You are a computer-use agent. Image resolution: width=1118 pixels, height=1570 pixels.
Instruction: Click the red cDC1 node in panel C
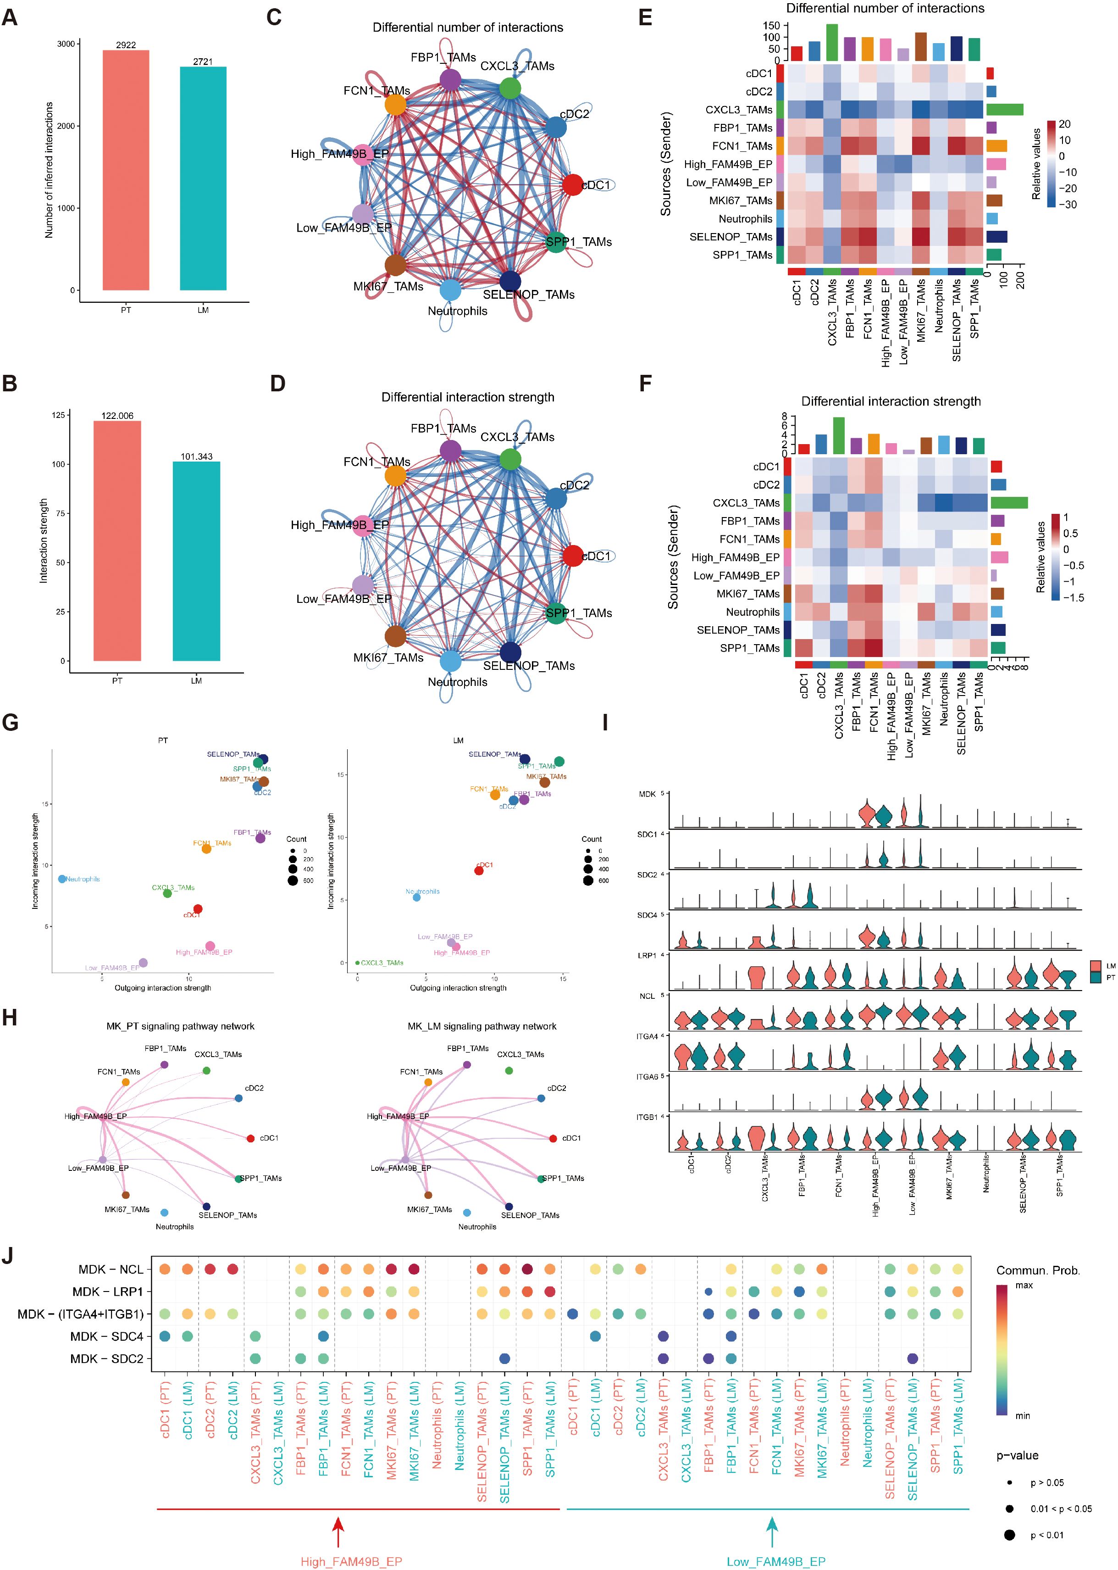pyautogui.click(x=573, y=184)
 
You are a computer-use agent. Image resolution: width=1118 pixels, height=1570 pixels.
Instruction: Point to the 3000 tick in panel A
pyautogui.click(x=66, y=44)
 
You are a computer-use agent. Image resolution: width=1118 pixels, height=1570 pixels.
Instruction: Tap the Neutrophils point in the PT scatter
pyautogui.click(x=62, y=879)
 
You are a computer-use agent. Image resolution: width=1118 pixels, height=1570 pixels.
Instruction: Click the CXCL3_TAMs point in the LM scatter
pyautogui.click(x=357, y=963)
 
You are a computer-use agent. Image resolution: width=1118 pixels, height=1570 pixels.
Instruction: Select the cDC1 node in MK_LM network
pyautogui.click(x=553, y=1138)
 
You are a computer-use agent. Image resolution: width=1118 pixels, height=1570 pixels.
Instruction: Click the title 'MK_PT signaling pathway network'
pyautogui.click(x=180, y=1026)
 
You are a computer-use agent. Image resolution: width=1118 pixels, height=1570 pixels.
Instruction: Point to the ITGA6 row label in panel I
pyautogui.click(x=647, y=1077)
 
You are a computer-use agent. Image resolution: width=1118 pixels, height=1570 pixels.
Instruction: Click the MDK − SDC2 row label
pyautogui.click(x=107, y=1358)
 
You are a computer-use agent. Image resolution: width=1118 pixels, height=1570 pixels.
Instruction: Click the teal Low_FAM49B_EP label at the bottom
pyautogui.click(x=776, y=1562)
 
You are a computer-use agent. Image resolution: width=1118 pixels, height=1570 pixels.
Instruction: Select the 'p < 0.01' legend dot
pyautogui.click(x=1009, y=1535)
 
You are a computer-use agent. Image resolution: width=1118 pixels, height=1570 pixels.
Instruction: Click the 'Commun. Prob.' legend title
pyautogui.click(x=1037, y=1270)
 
